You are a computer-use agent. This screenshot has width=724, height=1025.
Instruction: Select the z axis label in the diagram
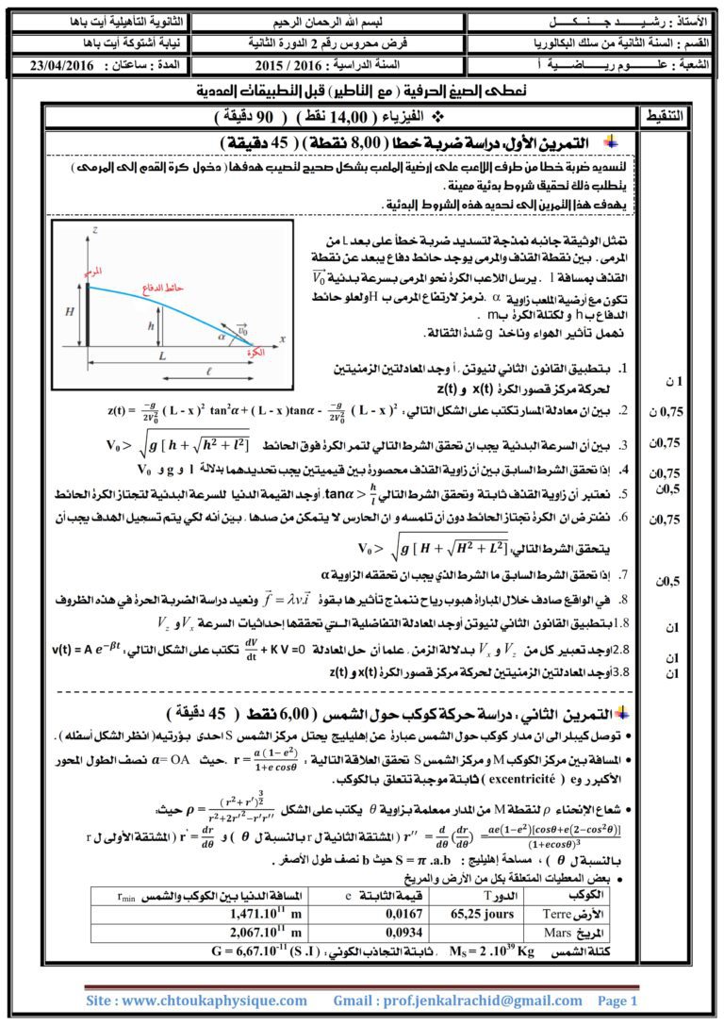point(95,229)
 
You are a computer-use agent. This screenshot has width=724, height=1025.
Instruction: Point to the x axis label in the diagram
point(282,336)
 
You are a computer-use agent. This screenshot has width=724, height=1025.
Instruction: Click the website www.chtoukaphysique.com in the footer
point(197,1000)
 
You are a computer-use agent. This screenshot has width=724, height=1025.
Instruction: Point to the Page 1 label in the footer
point(618,1000)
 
